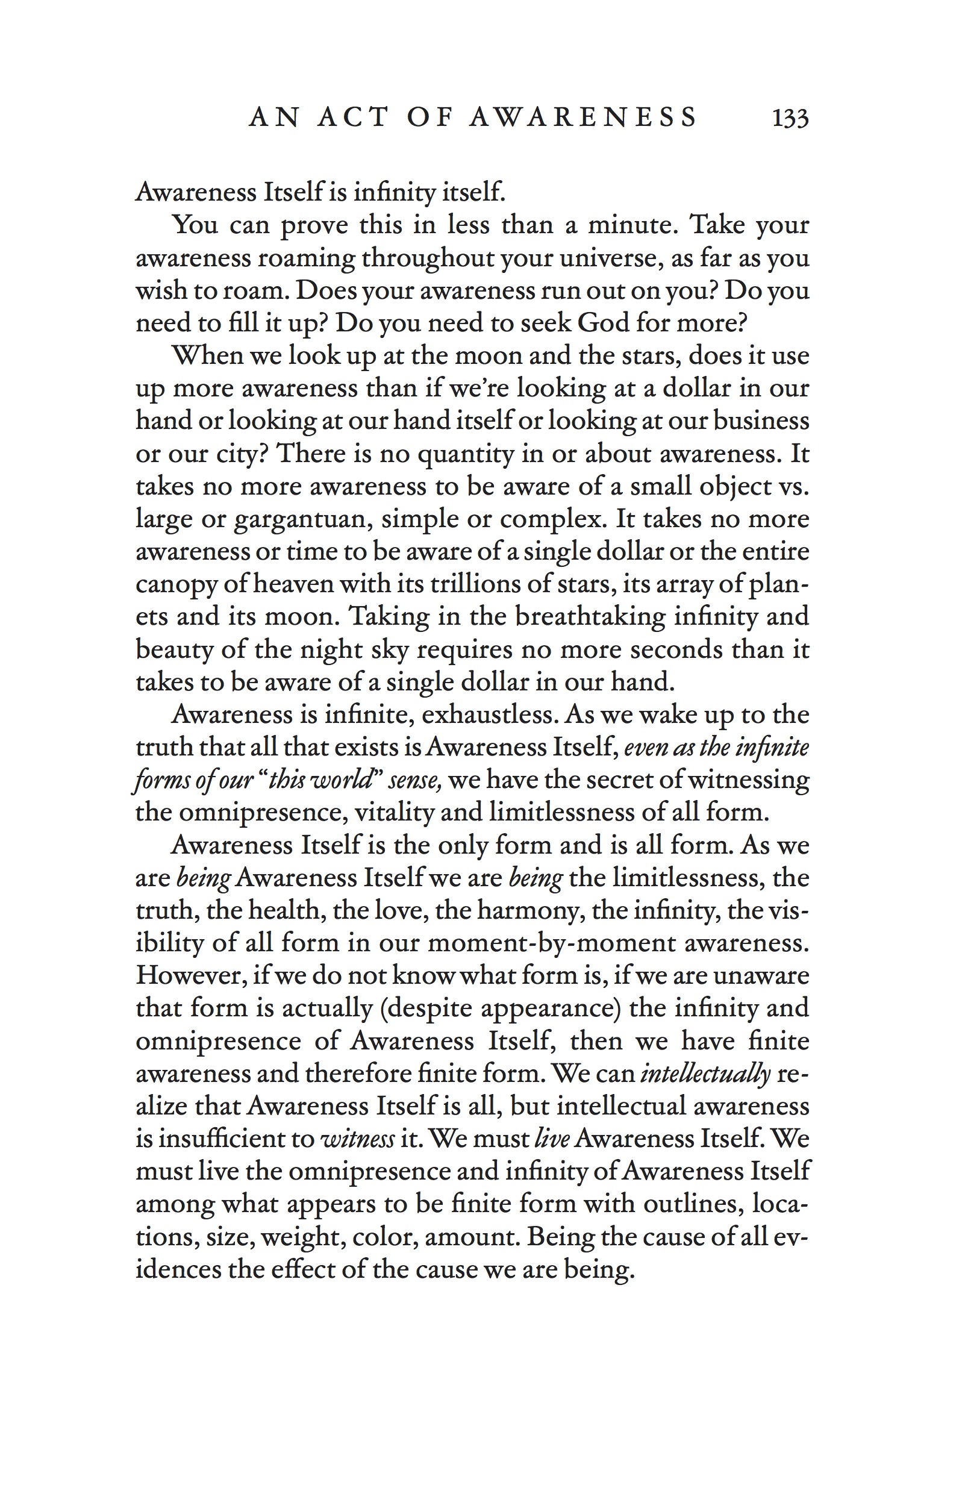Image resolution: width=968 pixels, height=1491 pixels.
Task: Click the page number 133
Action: pos(790,118)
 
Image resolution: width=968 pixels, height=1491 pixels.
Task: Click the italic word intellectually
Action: pos(705,1074)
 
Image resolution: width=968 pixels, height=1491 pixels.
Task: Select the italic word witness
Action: pos(357,1139)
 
